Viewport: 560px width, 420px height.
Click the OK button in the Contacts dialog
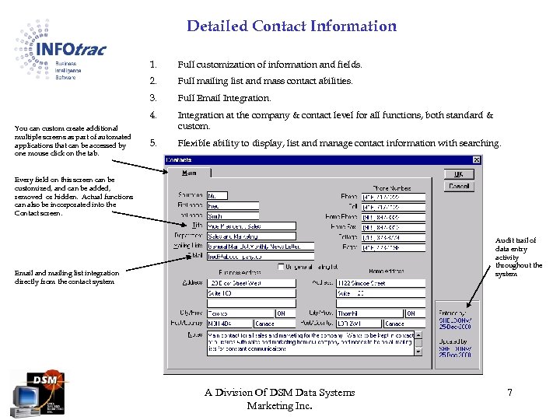click(x=459, y=174)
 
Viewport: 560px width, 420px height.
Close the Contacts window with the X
click(x=477, y=160)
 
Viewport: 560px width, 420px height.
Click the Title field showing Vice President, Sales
click(x=250, y=226)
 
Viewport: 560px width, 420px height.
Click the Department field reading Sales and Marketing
click(x=250, y=236)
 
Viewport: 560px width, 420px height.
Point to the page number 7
click(x=509, y=393)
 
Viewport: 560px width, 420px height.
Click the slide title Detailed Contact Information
click(x=292, y=26)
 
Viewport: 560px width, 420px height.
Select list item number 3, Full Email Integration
click(x=224, y=98)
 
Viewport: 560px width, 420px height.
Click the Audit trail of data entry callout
click(x=518, y=257)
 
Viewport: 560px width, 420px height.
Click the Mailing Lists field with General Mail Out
click(x=250, y=246)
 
